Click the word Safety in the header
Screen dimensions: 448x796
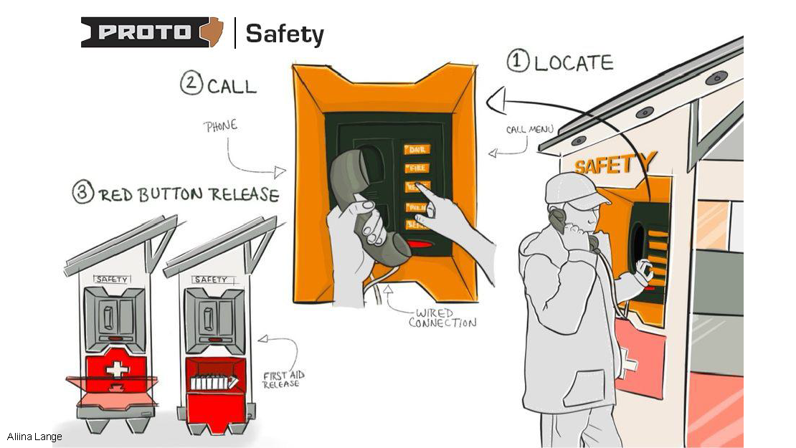point(285,34)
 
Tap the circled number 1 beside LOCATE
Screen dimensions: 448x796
point(518,61)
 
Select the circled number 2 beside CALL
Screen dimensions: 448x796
point(190,84)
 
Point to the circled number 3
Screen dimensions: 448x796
point(83,194)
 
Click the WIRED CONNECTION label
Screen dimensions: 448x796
point(442,318)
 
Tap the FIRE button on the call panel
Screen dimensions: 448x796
point(417,168)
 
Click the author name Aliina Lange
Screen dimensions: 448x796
point(34,437)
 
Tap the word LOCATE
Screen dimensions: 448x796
point(574,63)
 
